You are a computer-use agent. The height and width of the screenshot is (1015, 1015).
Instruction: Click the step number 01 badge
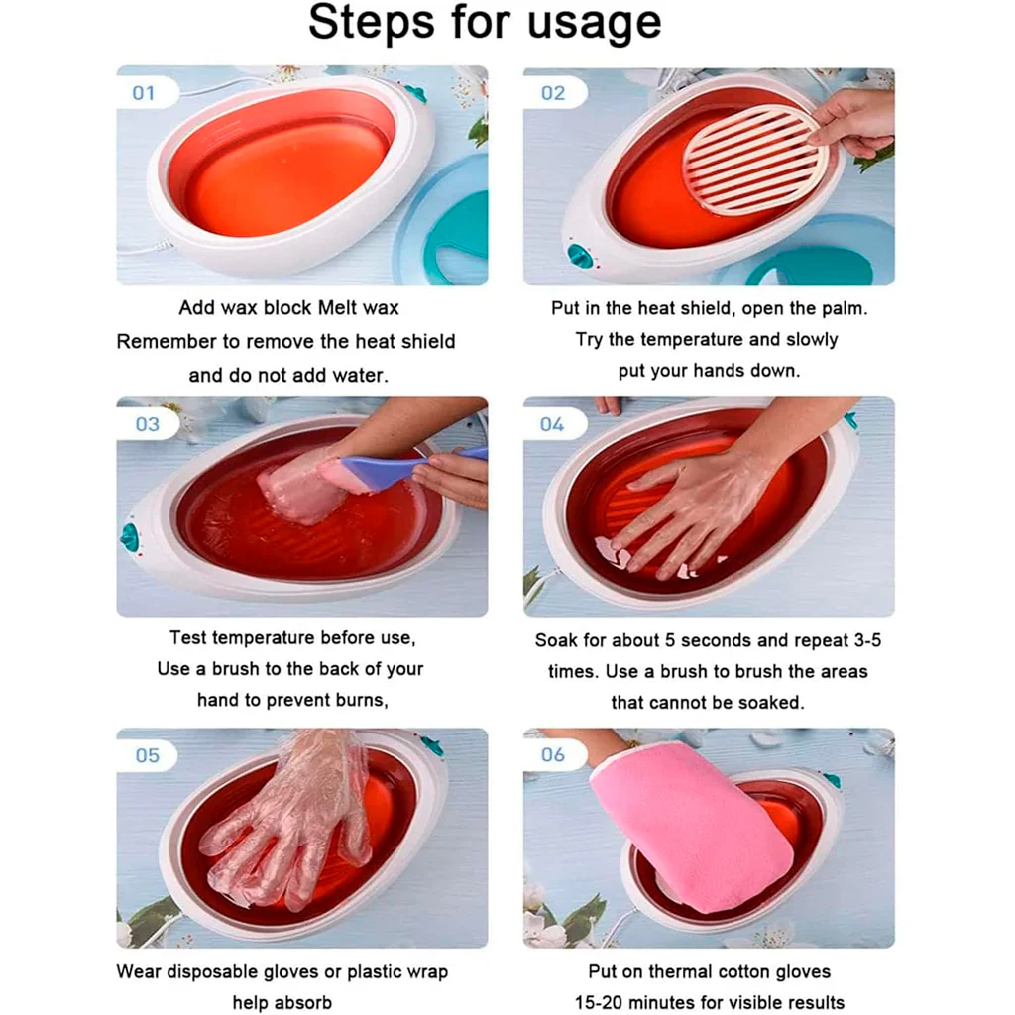143,93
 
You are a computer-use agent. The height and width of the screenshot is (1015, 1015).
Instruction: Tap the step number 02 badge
553,93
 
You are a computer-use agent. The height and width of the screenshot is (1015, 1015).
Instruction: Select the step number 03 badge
147,424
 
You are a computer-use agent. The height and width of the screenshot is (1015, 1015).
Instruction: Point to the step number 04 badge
552,424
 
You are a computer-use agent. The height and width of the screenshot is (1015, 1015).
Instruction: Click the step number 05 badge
147,755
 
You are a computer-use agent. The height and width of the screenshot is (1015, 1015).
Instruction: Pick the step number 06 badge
553,754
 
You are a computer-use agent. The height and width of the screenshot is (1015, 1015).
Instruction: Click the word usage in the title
595,24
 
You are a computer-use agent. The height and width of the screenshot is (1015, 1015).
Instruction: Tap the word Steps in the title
371,22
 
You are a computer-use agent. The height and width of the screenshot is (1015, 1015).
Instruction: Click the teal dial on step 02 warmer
579,256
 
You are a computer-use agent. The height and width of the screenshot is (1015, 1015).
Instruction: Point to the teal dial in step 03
130,537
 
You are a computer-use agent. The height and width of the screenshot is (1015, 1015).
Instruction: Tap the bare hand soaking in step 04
693,511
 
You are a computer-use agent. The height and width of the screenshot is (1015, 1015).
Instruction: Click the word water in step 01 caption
359,376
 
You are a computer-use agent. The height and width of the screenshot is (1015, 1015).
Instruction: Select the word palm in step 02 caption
844,309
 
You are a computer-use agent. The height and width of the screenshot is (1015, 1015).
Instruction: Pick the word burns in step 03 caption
359,701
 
